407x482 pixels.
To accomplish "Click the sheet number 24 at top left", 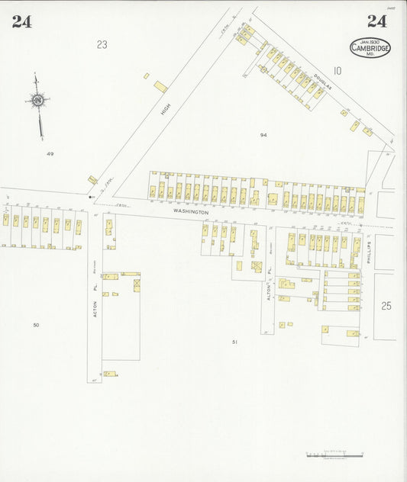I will [x=21, y=21].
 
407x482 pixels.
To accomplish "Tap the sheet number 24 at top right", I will [x=376, y=21].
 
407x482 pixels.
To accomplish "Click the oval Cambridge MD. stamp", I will [x=370, y=47].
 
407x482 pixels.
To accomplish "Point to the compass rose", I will [x=37, y=100].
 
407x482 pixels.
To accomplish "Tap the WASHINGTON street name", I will [x=190, y=211].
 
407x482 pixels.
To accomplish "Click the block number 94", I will [x=263, y=135].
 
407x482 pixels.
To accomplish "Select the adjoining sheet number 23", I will [x=102, y=45].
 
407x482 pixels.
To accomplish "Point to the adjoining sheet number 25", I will [x=386, y=306].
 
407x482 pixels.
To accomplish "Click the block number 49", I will [x=50, y=153].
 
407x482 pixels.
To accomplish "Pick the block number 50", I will [x=36, y=326].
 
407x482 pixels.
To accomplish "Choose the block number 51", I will [x=235, y=342].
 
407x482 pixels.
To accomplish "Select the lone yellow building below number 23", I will [x=160, y=87].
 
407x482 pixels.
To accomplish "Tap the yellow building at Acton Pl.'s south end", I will [x=110, y=374].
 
